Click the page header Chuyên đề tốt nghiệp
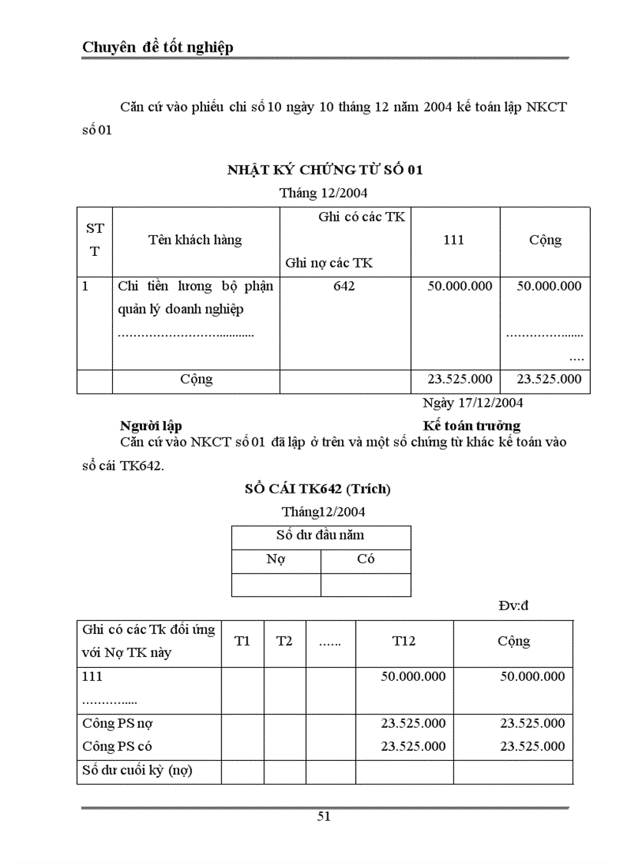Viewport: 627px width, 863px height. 158,48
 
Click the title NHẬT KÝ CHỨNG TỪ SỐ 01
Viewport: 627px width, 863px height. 325,170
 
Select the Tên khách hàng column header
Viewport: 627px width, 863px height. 195,240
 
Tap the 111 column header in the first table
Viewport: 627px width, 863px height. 454,240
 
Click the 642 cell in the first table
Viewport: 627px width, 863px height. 344,286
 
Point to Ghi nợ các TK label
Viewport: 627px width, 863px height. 329,263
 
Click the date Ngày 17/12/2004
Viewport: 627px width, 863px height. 473,402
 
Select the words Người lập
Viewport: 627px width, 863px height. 151,425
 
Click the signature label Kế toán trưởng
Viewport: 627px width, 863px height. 472,425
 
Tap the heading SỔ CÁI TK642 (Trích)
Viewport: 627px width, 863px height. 317,489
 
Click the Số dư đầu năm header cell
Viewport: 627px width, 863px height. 320,536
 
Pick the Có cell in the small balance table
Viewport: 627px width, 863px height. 366,559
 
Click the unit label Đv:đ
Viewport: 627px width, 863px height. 513,606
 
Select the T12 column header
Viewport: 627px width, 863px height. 404,641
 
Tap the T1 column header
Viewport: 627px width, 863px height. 242,641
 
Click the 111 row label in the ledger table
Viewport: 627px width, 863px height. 92,676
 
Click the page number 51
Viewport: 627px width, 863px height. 324,816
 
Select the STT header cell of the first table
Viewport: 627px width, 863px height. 95,240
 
